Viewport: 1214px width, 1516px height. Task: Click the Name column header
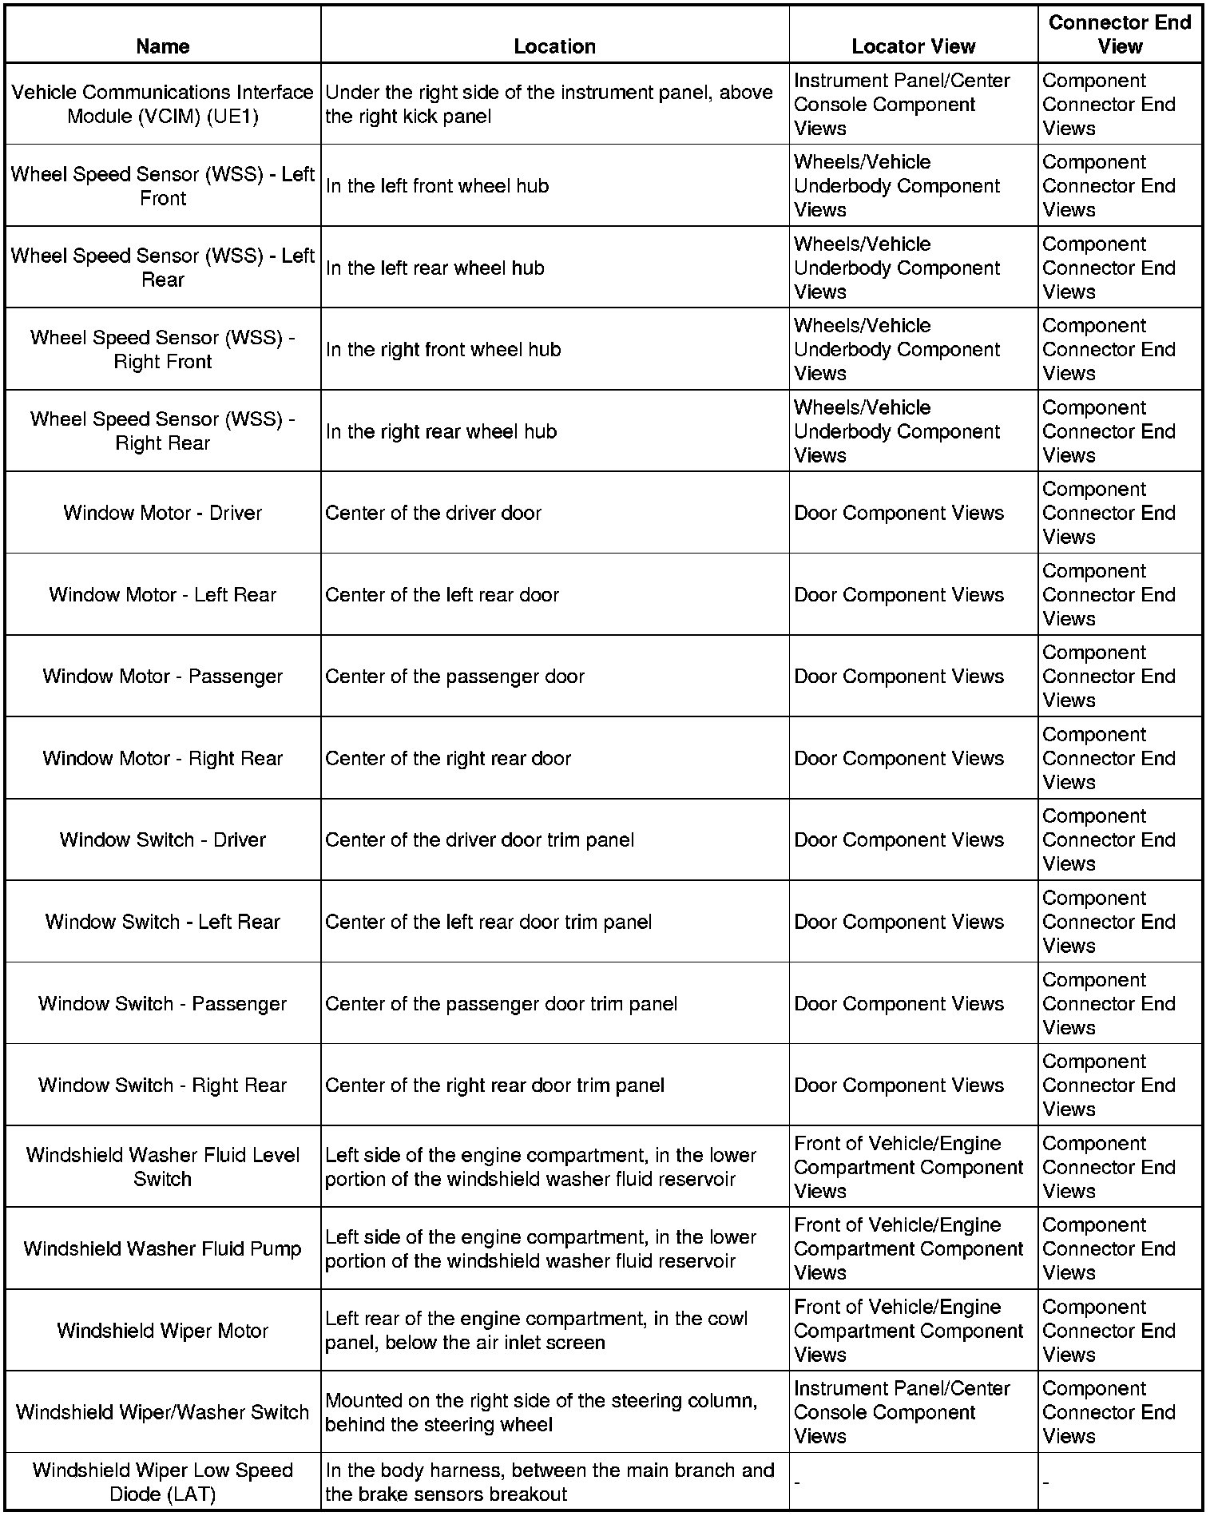(163, 46)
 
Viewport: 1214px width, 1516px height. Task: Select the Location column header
(554, 46)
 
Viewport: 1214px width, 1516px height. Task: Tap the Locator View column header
(913, 46)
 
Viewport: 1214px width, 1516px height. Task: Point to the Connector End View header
(1119, 34)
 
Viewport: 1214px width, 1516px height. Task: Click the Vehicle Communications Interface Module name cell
(163, 104)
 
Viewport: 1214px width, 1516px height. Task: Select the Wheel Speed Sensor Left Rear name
(163, 268)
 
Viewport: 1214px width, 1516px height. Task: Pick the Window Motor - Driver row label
(163, 513)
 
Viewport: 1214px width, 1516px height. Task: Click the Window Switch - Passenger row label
(163, 1003)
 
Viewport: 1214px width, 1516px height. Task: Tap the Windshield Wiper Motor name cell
(163, 1331)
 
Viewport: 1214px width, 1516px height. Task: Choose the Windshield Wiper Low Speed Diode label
(163, 1482)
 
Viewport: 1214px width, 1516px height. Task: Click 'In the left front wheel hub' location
(437, 186)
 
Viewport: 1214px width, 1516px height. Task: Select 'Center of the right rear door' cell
(448, 758)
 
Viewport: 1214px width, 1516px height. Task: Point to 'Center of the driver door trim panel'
(479, 840)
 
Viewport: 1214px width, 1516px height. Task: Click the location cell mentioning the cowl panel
(536, 1331)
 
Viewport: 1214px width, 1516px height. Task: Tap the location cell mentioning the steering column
(541, 1412)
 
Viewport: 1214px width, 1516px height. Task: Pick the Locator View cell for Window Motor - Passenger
(899, 677)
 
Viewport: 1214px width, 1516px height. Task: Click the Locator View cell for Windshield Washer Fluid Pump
(908, 1248)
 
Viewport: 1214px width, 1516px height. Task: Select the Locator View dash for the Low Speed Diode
(798, 1483)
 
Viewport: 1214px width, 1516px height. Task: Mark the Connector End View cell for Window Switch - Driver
(1109, 840)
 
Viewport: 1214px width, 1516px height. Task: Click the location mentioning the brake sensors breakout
(549, 1482)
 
